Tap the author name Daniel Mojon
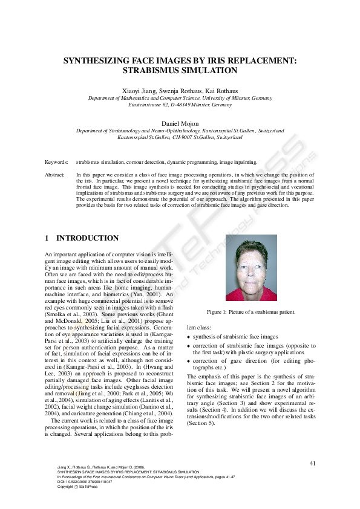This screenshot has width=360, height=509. (180, 124)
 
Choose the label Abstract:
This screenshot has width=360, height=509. (56, 174)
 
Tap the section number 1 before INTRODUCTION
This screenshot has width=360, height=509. (48, 238)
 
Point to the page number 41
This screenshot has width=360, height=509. (312, 463)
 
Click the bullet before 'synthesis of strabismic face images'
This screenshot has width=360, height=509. (189, 337)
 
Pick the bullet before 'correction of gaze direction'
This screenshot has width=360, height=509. (189, 361)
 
